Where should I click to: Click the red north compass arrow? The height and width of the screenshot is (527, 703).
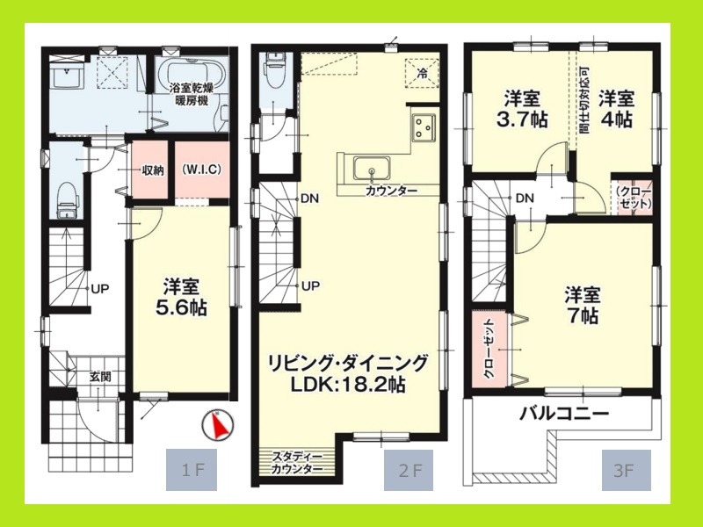(x=219, y=426)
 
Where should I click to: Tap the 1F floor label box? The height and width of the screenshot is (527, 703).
(x=191, y=470)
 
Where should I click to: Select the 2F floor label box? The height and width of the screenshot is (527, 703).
(x=409, y=470)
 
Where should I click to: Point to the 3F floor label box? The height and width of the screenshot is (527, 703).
(x=625, y=470)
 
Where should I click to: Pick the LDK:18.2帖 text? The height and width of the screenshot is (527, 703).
(x=350, y=385)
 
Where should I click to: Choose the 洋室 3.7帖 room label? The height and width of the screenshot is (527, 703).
(x=522, y=108)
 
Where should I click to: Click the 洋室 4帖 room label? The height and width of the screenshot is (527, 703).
(x=617, y=108)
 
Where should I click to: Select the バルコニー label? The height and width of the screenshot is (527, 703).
(x=565, y=413)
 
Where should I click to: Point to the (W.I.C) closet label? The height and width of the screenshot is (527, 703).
(x=200, y=170)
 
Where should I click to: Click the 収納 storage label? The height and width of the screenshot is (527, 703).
(x=151, y=170)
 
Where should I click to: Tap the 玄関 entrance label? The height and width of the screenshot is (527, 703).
(x=99, y=376)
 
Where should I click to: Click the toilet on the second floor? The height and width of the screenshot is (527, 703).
(x=276, y=71)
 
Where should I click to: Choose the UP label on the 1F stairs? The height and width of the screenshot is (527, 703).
(x=100, y=287)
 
